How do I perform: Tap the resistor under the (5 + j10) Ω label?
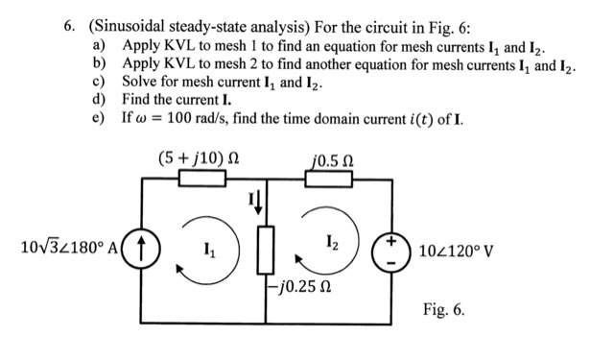tap(201, 180)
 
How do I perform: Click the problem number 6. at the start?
tap(69, 26)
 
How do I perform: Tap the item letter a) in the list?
tap(99, 45)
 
